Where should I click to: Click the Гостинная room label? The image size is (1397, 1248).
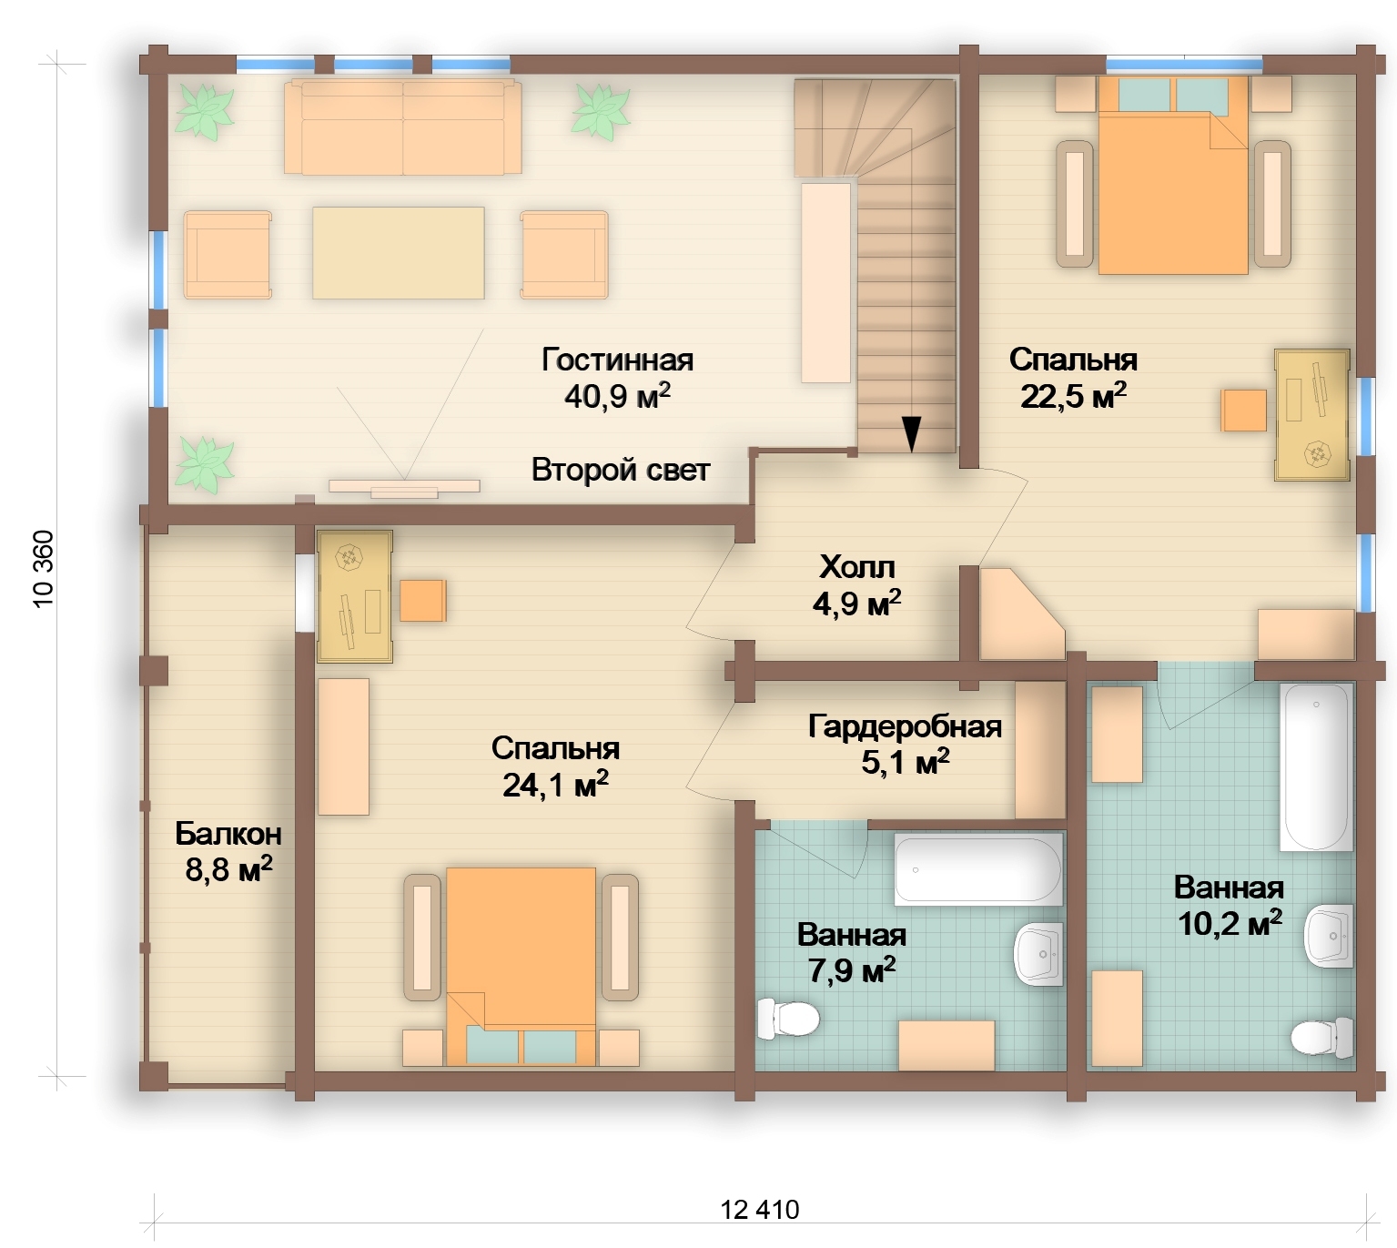tap(617, 360)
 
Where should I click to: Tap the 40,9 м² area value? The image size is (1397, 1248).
tap(617, 396)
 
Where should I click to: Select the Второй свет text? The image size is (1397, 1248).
tap(621, 470)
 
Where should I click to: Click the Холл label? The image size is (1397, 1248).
tap(857, 567)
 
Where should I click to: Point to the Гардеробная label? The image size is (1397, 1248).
tap(905, 727)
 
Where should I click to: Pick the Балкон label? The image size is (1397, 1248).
tap(228, 834)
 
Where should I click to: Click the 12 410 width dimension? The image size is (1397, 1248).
tap(759, 1210)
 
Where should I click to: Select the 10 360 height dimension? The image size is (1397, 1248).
tap(43, 569)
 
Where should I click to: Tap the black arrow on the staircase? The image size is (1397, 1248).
tap(912, 434)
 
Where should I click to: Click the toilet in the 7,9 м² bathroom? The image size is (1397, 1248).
tap(788, 1019)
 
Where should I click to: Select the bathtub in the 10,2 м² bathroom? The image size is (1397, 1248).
tap(1316, 766)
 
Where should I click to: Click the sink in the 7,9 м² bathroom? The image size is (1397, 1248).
tap(1038, 953)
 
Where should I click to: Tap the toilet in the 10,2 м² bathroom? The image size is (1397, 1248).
tap(1321, 1037)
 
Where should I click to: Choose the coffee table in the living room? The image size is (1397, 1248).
tap(398, 253)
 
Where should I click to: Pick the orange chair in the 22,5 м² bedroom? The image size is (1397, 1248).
tap(1244, 411)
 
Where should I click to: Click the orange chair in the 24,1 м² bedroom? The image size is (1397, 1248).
tap(422, 600)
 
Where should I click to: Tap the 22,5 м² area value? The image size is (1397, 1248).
tap(1073, 396)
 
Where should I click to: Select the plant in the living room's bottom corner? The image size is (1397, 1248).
tap(204, 464)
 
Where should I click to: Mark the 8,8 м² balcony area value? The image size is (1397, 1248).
tap(228, 870)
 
